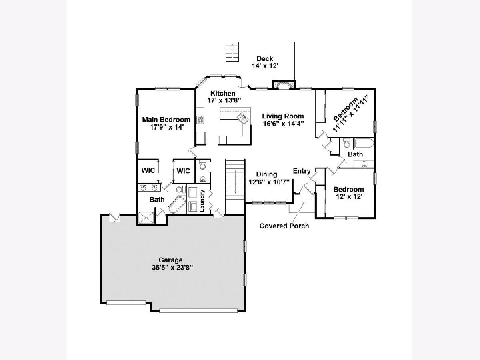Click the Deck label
point(265,59)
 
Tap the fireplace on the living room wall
point(283,84)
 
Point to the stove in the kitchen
point(200,120)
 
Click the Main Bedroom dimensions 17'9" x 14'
point(166,127)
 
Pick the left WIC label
point(148,170)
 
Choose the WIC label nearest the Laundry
point(183,170)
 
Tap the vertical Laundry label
point(203,200)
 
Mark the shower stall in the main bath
point(146,217)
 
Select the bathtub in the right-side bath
point(363,144)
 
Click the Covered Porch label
point(284,226)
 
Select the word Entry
point(302,171)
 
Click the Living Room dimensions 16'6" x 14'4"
point(283,124)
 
